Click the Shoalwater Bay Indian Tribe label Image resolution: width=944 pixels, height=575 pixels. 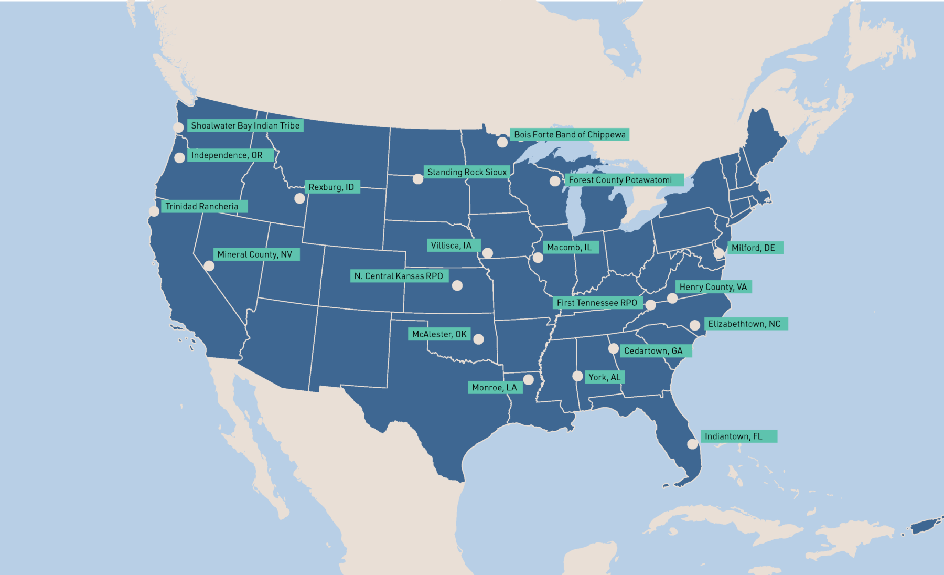click(245, 126)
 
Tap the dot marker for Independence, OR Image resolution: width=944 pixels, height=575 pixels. click(179, 157)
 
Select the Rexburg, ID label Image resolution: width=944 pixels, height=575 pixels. click(331, 187)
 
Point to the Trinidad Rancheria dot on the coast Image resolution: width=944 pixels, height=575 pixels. click(154, 211)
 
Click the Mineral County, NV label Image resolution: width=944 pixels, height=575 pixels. click(255, 254)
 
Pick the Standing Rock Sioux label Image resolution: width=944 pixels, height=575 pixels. click(467, 172)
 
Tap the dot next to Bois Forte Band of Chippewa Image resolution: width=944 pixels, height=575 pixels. click(502, 142)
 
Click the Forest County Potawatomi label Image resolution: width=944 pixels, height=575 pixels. click(620, 180)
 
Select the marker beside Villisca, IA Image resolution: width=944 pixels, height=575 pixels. click(487, 253)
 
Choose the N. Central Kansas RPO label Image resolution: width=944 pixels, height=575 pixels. click(399, 276)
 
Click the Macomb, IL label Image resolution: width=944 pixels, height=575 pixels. click(569, 248)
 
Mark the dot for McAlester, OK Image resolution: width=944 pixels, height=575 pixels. click(478, 339)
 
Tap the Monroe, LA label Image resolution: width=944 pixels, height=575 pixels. click(494, 388)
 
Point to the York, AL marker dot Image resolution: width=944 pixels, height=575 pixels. click(577, 376)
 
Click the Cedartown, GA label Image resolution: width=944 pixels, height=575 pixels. click(653, 351)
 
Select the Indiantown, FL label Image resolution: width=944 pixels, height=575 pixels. click(733, 436)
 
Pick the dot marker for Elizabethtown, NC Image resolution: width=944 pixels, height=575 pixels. click(695, 325)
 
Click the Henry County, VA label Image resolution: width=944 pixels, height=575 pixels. click(713, 287)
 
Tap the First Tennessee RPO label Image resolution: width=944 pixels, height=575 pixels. click(597, 303)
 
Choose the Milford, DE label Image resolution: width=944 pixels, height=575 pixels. click(753, 248)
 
